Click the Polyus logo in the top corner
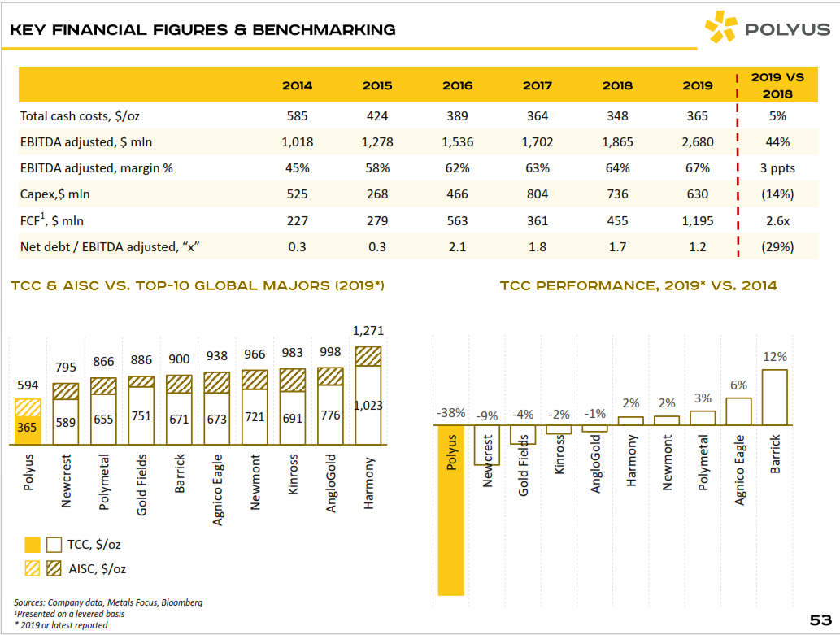click(x=767, y=30)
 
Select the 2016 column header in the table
click(x=457, y=85)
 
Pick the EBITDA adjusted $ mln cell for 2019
click(x=697, y=142)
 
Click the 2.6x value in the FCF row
click(x=777, y=220)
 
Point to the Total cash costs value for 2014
click(x=297, y=116)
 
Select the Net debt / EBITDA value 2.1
click(x=457, y=246)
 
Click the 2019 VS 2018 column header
click(x=777, y=85)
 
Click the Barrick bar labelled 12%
click(x=774, y=397)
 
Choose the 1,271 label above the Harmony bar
click(x=368, y=331)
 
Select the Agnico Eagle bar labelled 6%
click(x=738, y=411)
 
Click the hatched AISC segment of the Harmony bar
click(x=368, y=355)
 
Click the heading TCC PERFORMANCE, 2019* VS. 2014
click(x=638, y=285)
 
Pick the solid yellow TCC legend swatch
click(x=31, y=545)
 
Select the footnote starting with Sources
click(x=108, y=602)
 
